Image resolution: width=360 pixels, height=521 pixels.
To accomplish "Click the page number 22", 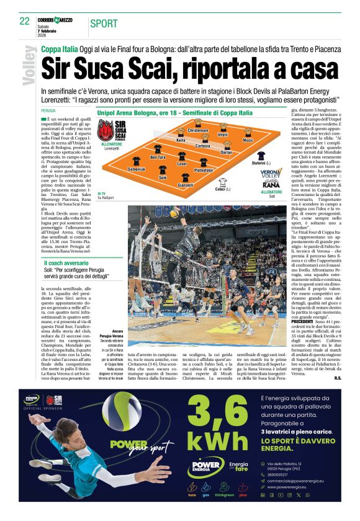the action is [25, 21].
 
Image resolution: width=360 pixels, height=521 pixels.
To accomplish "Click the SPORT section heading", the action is [104, 24].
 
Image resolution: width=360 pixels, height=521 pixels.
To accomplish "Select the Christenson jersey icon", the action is [198, 125].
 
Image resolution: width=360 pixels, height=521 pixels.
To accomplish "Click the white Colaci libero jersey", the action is [220, 182].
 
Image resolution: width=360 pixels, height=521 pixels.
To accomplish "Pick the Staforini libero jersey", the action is [261, 155].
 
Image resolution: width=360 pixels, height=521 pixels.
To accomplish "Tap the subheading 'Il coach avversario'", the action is [66, 264].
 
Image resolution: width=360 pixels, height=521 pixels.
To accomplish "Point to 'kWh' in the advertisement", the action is [209, 442].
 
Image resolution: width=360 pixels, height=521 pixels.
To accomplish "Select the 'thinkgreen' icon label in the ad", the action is [225, 496].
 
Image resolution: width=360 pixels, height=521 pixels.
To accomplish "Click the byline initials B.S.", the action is [320, 378].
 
